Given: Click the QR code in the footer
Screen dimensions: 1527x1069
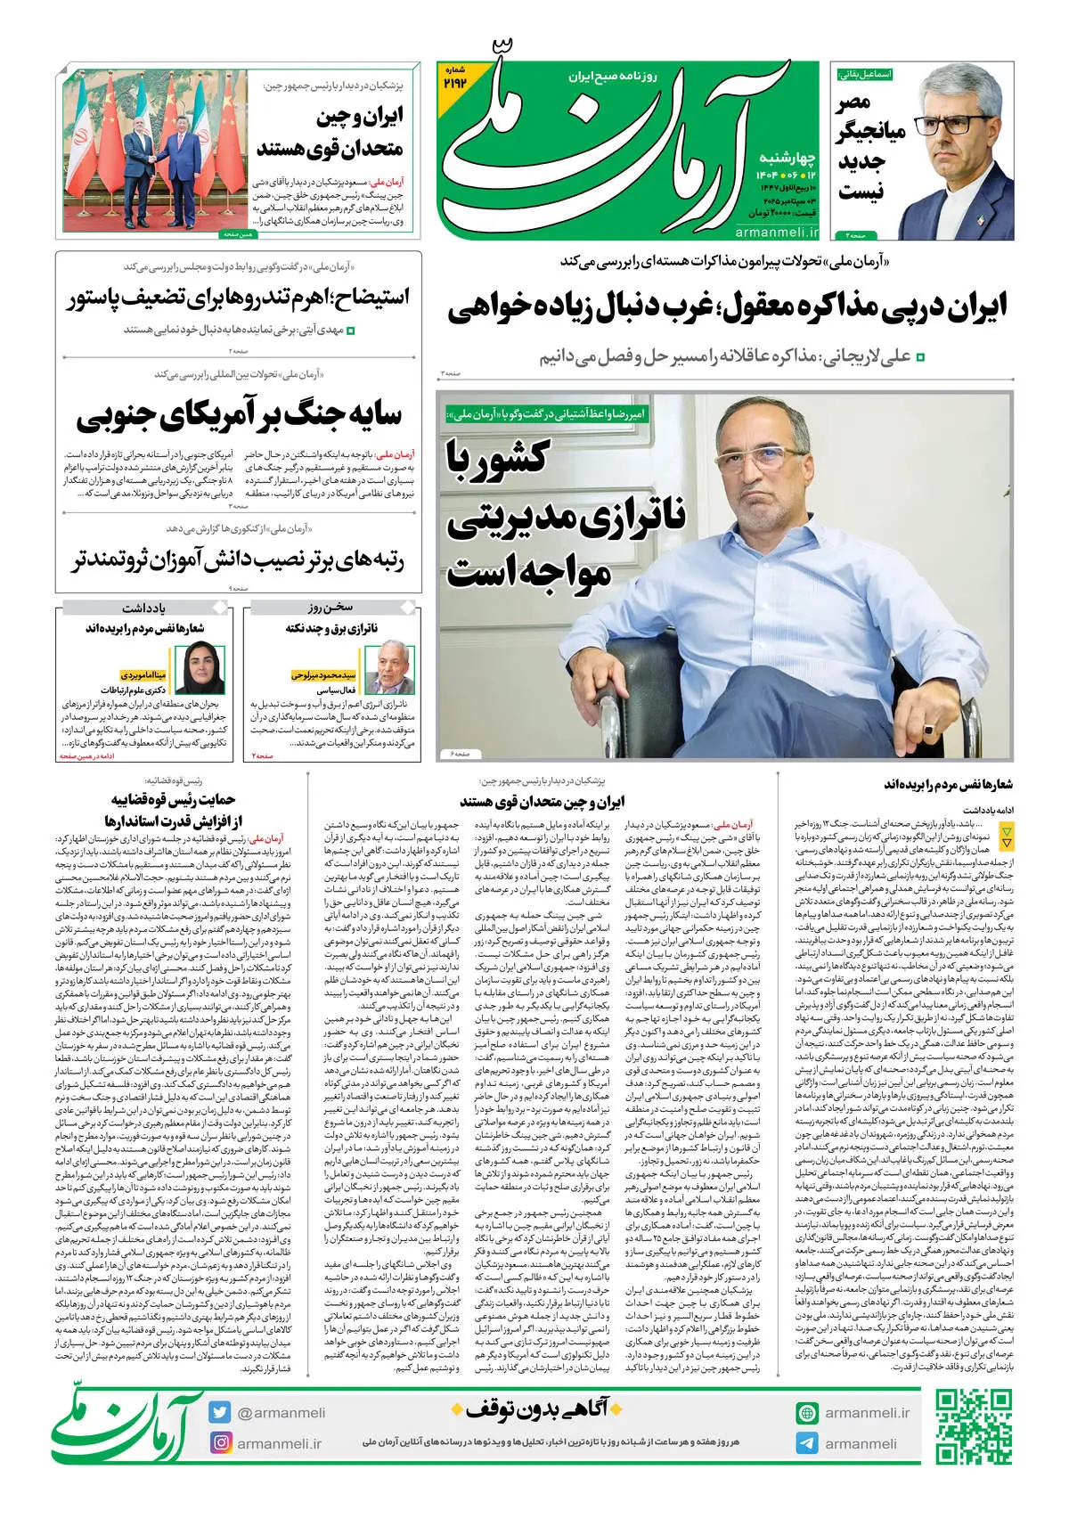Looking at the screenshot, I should coord(974,1427).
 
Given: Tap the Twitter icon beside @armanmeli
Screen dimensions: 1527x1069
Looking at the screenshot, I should coord(220,1412).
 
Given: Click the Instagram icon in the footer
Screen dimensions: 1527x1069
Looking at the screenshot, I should coord(220,1443).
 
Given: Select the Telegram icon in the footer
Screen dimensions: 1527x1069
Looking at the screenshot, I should coord(807,1443).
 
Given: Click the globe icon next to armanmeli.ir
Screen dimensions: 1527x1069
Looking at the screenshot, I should coord(807,1412).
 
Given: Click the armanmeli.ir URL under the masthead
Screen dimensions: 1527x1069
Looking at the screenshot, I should coord(777,232).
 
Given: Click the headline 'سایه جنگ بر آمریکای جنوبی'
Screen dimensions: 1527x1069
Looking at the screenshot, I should coord(239,415).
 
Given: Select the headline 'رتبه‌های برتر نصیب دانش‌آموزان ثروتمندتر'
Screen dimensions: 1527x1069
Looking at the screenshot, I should coord(238,560).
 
